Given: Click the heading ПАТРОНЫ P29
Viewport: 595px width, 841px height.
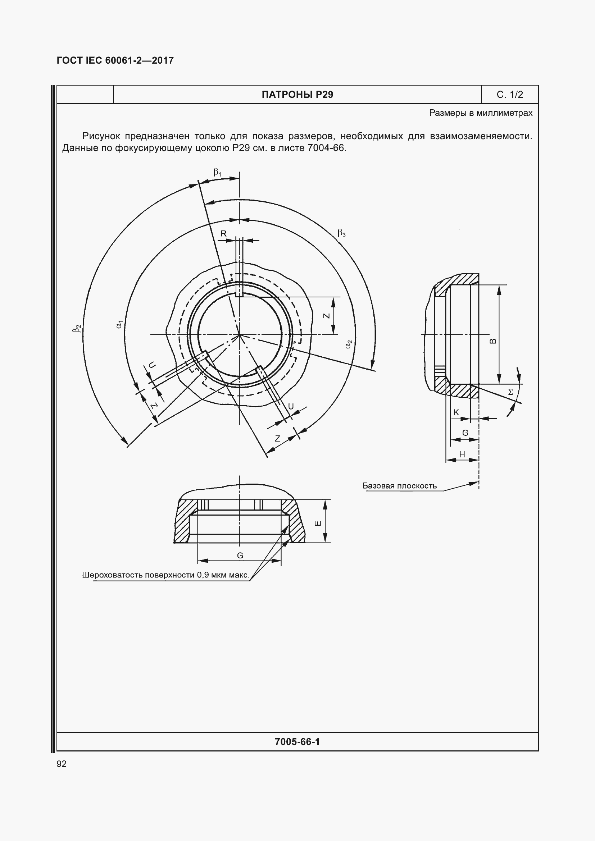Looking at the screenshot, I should (x=297, y=95).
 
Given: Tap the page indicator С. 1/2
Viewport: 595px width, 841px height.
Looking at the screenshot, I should (x=510, y=95).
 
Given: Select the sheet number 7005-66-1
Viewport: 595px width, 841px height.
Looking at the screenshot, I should (x=297, y=742).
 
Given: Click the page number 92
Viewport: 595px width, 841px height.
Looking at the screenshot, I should (x=62, y=764).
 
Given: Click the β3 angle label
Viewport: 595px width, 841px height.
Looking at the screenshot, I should (x=341, y=233).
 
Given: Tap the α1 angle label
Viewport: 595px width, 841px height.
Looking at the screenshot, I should (x=119, y=324).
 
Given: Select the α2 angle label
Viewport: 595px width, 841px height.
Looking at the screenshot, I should (x=349, y=344).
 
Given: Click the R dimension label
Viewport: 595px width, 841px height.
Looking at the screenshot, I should (x=223, y=234).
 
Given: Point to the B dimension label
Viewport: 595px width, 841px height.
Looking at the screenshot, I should (x=493, y=341).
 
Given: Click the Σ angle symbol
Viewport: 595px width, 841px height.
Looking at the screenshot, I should (x=510, y=392).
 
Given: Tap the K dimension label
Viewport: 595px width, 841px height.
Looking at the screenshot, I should (x=456, y=412).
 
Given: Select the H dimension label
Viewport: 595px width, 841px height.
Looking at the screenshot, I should (x=462, y=454).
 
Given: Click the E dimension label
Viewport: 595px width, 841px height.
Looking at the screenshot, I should (x=318, y=523).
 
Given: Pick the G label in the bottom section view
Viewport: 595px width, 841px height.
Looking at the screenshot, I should (x=240, y=555).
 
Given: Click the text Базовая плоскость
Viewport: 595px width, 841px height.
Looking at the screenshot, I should (x=399, y=486).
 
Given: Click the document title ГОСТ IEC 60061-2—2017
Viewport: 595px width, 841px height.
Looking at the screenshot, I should (x=115, y=60).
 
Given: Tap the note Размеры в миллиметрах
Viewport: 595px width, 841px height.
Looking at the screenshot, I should (x=481, y=113).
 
